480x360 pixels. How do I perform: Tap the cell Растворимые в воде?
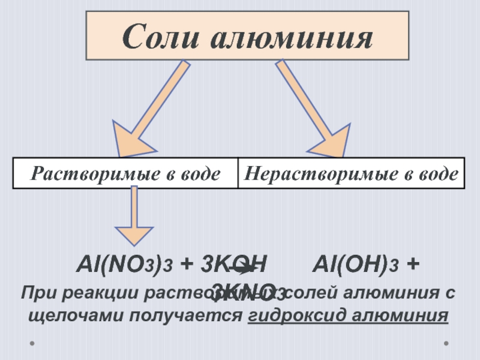(x=125, y=174)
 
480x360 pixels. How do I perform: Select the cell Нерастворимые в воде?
(x=352, y=174)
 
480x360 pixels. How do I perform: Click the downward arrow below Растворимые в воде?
(x=134, y=216)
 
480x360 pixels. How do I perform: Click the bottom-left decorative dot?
(x=32, y=344)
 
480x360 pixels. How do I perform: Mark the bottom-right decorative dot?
(x=446, y=344)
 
